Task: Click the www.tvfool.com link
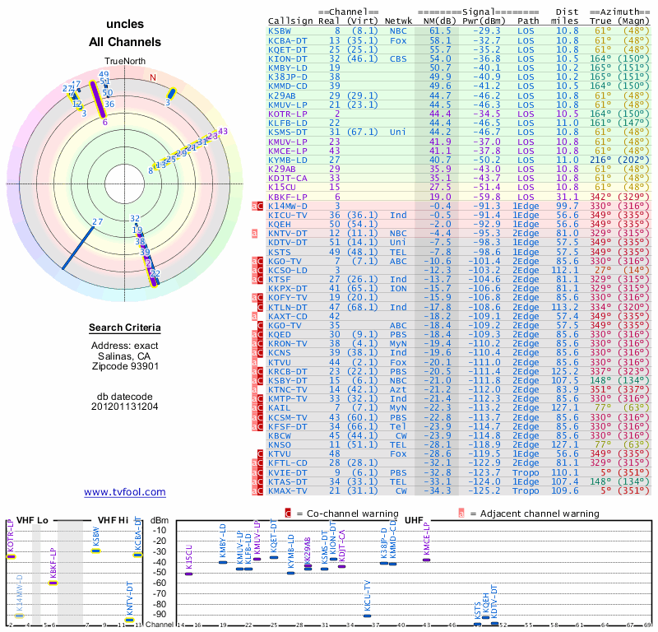point(125,492)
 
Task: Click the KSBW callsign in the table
point(279,30)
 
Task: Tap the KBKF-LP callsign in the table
point(286,197)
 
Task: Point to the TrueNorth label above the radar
point(125,62)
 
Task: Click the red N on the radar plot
point(151,77)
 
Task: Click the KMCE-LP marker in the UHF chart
point(426,560)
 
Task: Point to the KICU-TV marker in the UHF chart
point(367,616)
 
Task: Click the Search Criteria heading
point(125,328)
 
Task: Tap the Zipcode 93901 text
point(125,366)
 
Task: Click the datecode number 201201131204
point(125,406)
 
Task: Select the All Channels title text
point(125,42)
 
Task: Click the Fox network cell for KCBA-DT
point(398,39)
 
